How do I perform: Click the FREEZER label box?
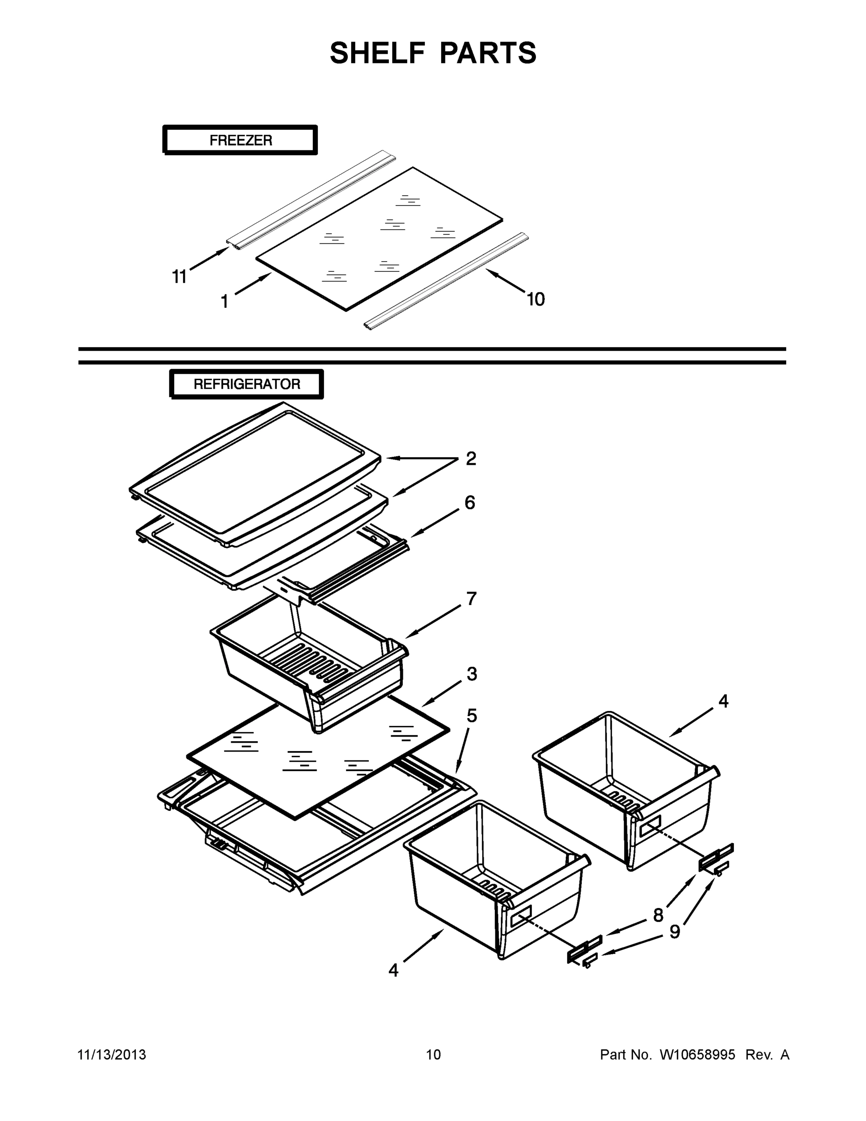(240, 140)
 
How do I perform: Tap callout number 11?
(179, 277)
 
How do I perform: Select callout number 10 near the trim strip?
(535, 299)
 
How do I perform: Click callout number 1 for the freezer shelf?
(224, 302)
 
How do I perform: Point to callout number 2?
(471, 458)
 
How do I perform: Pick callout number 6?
(470, 503)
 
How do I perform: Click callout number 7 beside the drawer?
(472, 598)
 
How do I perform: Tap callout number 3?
(472, 674)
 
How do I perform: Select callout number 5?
(472, 716)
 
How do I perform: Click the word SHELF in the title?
(378, 53)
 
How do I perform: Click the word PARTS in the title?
(487, 53)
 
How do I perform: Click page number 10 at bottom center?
(433, 1055)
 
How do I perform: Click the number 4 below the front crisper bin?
(393, 971)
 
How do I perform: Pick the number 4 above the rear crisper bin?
(723, 701)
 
